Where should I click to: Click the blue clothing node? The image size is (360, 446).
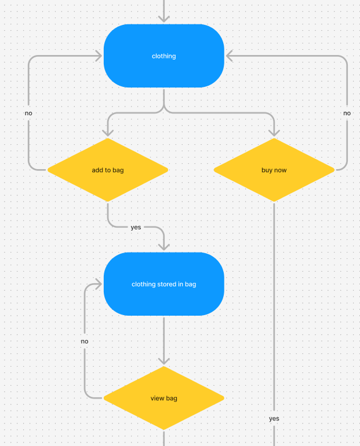[164, 56]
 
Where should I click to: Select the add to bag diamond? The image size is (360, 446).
[107, 170]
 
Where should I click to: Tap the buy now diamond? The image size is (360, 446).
[274, 170]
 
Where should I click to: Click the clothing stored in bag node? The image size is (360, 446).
[164, 284]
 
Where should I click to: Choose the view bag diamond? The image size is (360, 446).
[164, 399]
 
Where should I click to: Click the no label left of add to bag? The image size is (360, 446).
[28, 113]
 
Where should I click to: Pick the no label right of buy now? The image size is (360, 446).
[347, 113]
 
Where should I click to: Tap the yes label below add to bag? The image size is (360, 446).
[136, 227]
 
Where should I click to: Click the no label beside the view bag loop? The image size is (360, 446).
[85, 341]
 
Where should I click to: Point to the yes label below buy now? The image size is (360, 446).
[274, 418]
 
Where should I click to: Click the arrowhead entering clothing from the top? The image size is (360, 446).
[164, 19]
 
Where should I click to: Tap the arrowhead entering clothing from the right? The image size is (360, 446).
[230, 56]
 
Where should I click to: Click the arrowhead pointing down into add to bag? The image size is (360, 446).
[107, 133]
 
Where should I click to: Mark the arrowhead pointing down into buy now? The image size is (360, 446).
[274, 133]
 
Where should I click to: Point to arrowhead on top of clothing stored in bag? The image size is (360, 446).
[164, 247]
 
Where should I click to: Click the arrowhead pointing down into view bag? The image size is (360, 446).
[164, 361]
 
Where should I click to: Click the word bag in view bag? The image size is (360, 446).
[172, 399]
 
